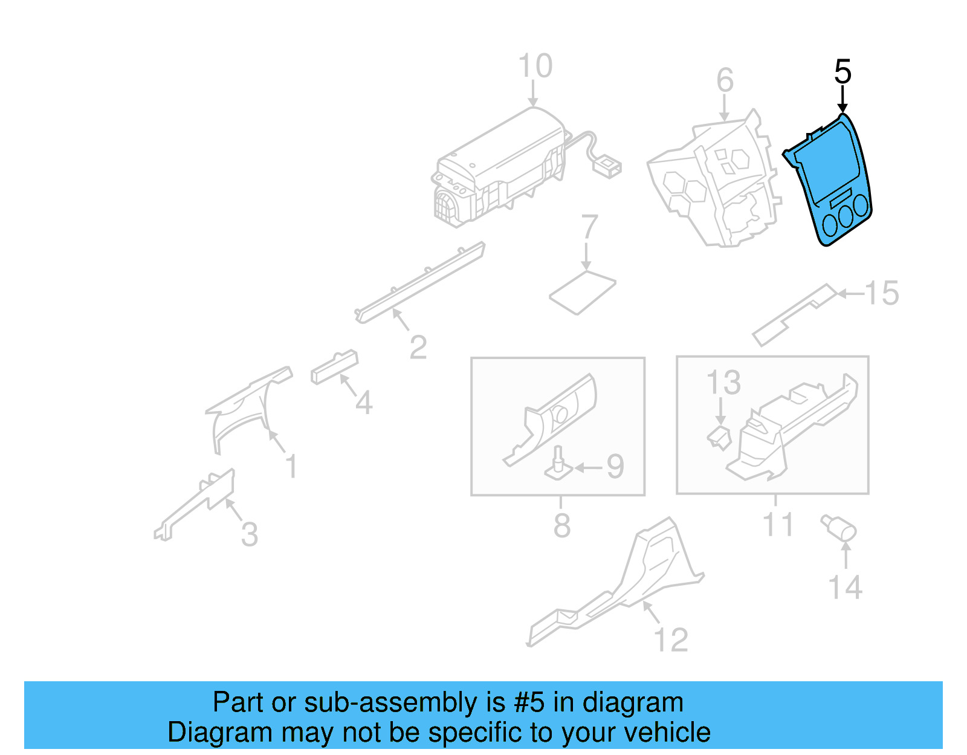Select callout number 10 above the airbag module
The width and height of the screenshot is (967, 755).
[535, 66]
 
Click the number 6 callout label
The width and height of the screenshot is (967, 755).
[725, 80]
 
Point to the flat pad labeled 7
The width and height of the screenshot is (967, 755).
[582, 292]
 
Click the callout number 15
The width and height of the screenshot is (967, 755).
[882, 293]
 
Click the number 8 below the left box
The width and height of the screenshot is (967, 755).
[561, 525]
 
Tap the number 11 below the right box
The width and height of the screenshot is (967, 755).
[777, 524]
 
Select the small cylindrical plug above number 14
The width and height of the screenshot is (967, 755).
[839, 527]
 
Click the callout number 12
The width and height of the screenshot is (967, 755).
[671, 640]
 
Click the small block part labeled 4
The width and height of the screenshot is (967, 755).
[334, 366]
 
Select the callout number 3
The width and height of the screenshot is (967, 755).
[249, 534]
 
